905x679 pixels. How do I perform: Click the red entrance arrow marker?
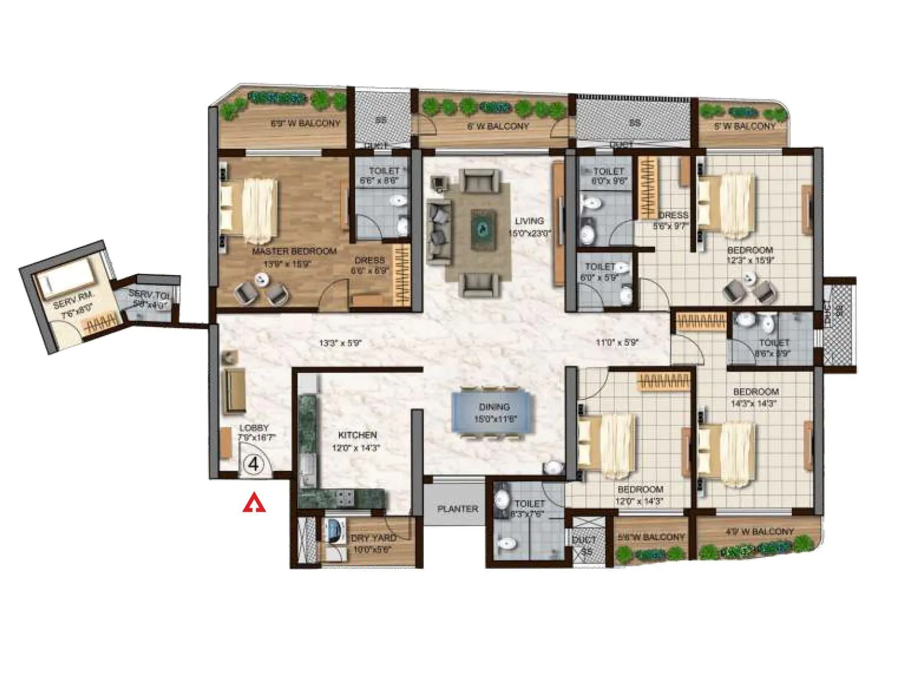pyautogui.click(x=254, y=503)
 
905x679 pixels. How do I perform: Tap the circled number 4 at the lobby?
pyautogui.click(x=254, y=464)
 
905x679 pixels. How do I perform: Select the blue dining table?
pyautogui.click(x=493, y=413)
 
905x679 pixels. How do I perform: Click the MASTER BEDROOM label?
pyautogui.click(x=294, y=251)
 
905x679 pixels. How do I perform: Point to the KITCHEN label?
pyautogui.click(x=357, y=435)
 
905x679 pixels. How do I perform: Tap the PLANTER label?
pyautogui.click(x=458, y=509)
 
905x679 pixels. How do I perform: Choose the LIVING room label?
pyautogui.click(x=529, y=221)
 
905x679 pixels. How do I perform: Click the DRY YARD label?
pyautogui.click(x=373, y=538)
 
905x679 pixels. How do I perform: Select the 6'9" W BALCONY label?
pyautogui.click(x=305, y=123)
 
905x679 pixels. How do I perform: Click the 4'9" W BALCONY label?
pyautogui.click(x=760, y=532)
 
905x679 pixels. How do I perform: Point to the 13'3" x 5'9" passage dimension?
pyautogui.click(x=340, y=343)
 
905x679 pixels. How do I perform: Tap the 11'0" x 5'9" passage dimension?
pyautogui.click(x=617, y=342)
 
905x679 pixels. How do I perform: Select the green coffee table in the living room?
pyautogui.click(x=484, y=228)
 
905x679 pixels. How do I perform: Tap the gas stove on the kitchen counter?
pyautogui.click(x=344, y=498)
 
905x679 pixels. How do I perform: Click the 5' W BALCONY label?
pyautogui.click(x=744, y=126)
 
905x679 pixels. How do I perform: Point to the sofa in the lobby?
pyautogui.click(x=235, y=390)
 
